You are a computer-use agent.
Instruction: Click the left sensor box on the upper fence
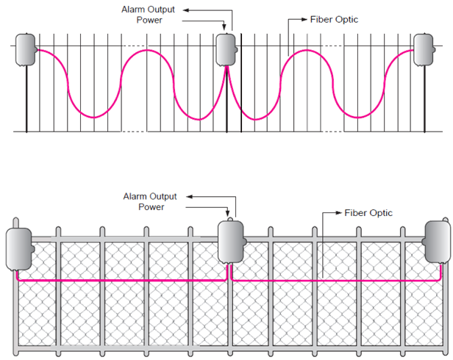coord(27,49)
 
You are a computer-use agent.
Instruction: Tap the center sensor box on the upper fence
coord(225,50)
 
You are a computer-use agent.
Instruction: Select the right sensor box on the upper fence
coord(424,48)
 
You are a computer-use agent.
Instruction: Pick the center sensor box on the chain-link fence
coord(232,240)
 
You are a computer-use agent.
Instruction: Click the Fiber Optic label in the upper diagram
coord(334,19)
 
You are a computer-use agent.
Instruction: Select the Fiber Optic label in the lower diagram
coord(368,213)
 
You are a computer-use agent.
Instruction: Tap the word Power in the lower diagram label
coord(151,206)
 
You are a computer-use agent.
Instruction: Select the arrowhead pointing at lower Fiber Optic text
coord(339,213)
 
